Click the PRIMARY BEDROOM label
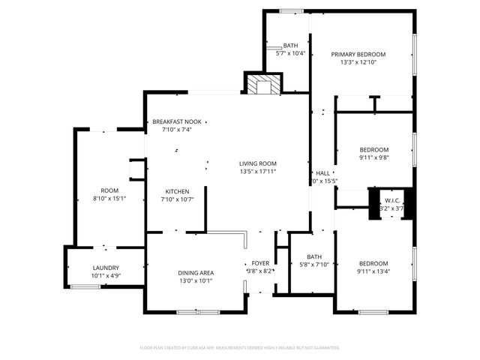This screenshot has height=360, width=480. pos(358,55)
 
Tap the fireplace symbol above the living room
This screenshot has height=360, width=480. pos(262,85)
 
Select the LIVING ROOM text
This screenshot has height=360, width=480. pos(258,163)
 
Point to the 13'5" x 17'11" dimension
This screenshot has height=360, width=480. pos(258,172)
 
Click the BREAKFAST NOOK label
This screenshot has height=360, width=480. pos(176,121)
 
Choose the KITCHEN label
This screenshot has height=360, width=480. pos(176,191)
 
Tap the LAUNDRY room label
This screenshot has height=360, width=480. pos(106,268)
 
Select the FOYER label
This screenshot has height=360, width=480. pos(260,263)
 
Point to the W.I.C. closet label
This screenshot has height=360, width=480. pos(394,200)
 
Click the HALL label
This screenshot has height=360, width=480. pos(322,172)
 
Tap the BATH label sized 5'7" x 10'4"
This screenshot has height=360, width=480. pos(289,46)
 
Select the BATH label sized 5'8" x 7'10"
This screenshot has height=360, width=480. pos(314,256)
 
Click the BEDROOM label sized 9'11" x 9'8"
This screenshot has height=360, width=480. pos(373,149)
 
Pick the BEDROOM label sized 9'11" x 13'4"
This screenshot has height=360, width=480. pos(373,263)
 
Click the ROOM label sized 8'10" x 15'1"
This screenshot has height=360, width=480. pos(109,190)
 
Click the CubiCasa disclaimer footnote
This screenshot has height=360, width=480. pos(240,348)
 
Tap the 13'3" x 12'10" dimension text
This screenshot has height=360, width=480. pos(358,62)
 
